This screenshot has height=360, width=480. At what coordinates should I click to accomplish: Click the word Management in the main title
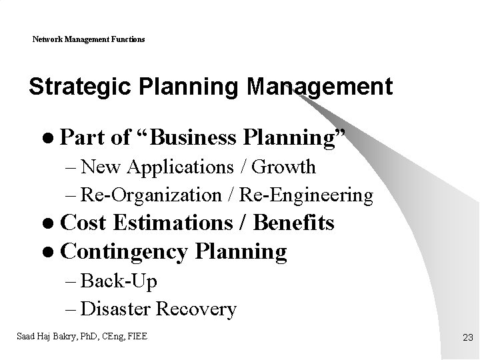tap(319, 87)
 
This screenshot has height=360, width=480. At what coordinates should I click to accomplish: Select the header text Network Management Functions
tap(89, 39)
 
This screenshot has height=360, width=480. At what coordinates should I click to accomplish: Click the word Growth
tap(283, 167)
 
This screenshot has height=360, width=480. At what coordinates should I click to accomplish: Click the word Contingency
tap(124, 252)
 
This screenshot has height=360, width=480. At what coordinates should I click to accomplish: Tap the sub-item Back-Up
tap(119, 281)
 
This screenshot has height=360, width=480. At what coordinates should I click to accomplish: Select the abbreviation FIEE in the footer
tap(136, 336)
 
